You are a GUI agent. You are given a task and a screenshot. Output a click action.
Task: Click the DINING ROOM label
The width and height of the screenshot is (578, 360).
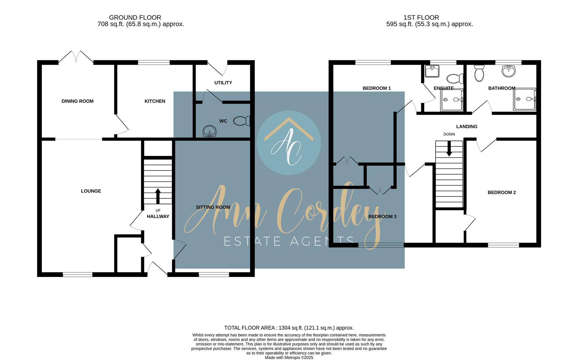coord(77,101)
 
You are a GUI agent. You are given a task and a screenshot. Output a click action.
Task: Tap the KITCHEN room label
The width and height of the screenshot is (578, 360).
coord(155,101)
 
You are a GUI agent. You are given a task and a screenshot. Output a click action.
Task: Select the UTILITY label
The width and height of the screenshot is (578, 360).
coord(223,83)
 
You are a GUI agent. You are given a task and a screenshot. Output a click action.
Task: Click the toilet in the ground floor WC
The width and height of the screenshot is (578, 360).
coord(242,121)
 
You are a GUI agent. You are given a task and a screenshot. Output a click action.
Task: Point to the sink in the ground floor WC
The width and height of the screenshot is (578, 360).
coord(209,131)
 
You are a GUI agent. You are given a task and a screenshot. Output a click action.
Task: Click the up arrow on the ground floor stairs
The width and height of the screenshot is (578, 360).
coord(158,196)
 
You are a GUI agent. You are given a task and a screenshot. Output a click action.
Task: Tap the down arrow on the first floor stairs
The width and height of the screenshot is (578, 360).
coord(449,149)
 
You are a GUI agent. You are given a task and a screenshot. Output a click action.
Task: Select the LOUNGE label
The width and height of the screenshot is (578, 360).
coord(91,191)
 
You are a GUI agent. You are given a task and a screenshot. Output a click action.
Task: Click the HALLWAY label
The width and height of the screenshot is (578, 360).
coord(158,216)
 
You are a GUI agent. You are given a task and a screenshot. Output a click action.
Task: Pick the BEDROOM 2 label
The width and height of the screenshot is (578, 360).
coord(502,192)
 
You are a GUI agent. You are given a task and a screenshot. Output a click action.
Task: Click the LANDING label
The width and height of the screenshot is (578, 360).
coord(467,127)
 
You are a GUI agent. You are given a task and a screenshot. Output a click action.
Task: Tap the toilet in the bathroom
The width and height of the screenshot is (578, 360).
coord(479,73)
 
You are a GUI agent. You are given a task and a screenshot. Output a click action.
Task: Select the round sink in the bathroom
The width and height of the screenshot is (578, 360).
coord(508,71)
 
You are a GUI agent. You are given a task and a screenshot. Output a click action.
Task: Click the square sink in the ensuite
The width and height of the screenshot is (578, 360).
coord(432,71)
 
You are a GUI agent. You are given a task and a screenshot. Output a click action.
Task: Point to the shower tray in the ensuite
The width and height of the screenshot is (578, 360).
coord(452,100)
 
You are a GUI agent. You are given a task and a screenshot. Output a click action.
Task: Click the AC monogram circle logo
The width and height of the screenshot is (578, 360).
coord(289,143)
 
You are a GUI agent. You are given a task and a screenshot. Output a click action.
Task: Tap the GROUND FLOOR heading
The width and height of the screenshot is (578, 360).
coord(135,17)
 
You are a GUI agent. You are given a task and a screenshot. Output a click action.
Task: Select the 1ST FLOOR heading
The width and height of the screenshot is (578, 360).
coord(421,17)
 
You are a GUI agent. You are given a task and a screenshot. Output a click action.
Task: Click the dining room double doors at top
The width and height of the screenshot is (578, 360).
coord(76,57)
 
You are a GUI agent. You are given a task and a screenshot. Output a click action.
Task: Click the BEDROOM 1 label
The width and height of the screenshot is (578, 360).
coord(377,88)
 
